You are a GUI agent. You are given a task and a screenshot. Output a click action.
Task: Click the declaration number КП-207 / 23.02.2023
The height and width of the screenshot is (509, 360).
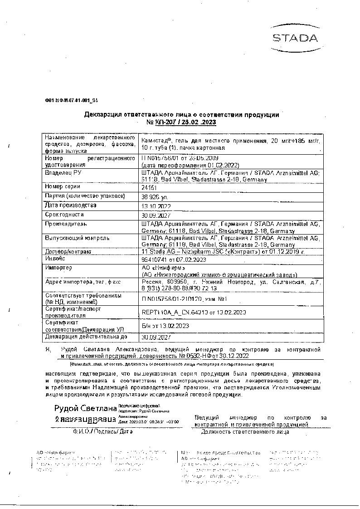(181, 122)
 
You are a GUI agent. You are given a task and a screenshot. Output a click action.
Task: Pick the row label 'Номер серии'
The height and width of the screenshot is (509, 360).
(63, 186)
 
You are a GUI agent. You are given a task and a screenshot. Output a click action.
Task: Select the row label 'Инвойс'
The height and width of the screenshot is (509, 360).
(55, 259)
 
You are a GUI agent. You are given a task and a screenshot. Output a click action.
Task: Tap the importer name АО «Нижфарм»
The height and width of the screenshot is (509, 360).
(161, 268)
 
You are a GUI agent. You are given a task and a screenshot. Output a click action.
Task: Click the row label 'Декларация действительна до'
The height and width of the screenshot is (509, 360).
(86, 337)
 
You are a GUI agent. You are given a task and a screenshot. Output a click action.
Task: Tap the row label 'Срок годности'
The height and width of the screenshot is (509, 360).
(64, 215)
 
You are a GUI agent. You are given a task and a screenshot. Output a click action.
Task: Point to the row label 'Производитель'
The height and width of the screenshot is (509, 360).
(66, 224)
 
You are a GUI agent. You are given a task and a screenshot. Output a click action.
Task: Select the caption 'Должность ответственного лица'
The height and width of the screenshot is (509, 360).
(245, 431)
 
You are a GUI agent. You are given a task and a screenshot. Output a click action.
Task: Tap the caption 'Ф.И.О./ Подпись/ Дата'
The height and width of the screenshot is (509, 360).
(102, 431)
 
